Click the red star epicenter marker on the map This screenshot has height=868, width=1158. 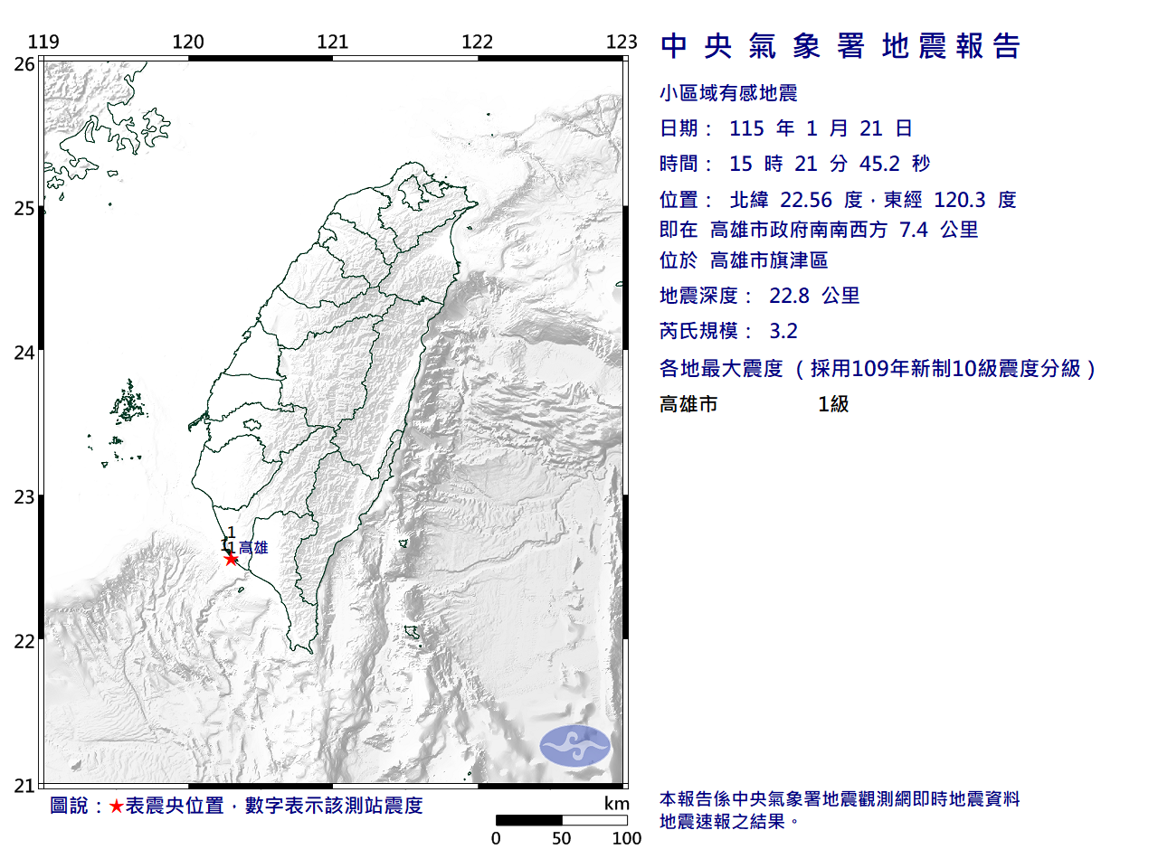pos(232,559)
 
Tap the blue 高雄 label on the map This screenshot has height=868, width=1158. pos(253,547)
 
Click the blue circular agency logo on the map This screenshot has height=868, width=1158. pos(575,746)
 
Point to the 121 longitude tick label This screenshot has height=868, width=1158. pos(332,42)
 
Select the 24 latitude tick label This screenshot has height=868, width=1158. pos(24,353)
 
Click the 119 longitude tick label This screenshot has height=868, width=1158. pos(43,42)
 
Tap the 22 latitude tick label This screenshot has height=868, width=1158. pos(24,642)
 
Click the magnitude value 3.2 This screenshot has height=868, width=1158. pos(783,331)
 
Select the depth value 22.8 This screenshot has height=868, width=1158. pos(789,296)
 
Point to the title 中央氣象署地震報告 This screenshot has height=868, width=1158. pos(840,46)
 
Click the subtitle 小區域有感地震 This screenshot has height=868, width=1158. pos(728,93)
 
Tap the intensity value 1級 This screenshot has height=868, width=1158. pos(833,404)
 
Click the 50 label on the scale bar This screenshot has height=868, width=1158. pos(561,838)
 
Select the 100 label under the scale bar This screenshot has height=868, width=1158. pos(626,838)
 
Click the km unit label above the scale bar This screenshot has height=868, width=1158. pos(616,804)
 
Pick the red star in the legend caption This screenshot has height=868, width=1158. pos(116,806)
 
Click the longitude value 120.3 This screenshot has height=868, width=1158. pos(960,200)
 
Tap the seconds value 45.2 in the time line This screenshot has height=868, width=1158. pos(879,164)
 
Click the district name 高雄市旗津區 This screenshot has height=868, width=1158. pos(769,260)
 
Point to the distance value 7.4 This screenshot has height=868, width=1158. pos(914,230)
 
